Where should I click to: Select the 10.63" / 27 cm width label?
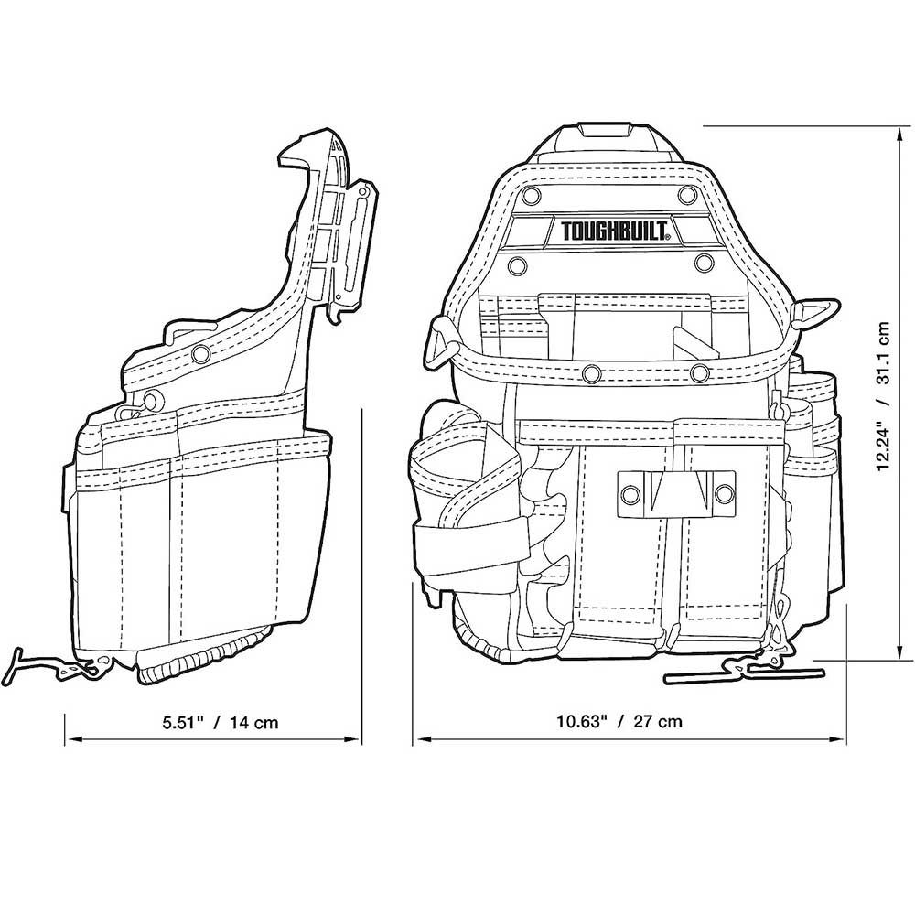tap(619, 721)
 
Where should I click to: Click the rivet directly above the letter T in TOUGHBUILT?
tap(530, 194)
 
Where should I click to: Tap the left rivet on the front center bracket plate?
tap(629, 495)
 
